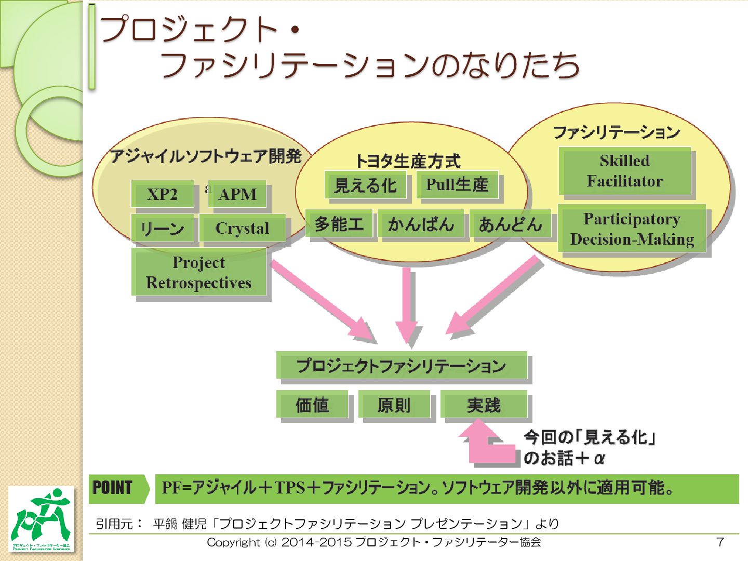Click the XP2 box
pos(163,194)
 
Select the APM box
pos(238,194)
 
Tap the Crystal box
pos(242,228)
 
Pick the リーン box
pos(163,228)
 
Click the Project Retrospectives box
pos(199,272)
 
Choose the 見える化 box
pos(366,185)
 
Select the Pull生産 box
pos(457,184)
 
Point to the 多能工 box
pos(339,224)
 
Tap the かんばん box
pos(421,224)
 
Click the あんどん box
pos(510,224)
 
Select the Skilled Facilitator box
pos(625,171)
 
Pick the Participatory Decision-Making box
pos(632,229)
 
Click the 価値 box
pos(312,405)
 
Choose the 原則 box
pos(394,405)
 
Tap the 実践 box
pos(484,405)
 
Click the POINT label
pos(113,488)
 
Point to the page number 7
pos(720,542)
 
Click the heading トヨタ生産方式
pos(408,161)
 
